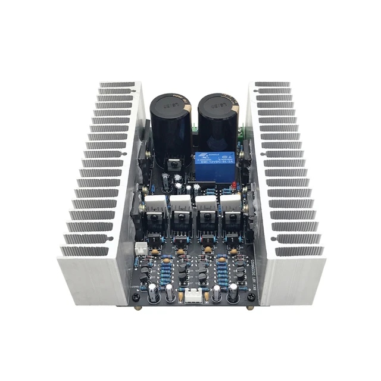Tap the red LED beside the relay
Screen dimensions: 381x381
tap(236, 185)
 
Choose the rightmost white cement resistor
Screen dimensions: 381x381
tap(230, 204)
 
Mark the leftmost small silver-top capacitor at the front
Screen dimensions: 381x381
tap(154, 292)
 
